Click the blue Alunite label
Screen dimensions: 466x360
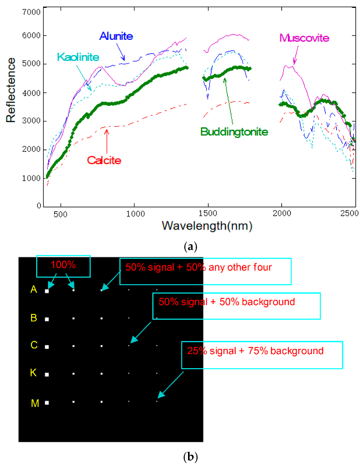tap(116, 36)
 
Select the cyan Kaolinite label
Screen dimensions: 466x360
tap(78, 57)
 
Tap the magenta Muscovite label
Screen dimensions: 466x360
tap(304, 38)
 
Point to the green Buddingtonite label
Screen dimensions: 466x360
tap(234, 132)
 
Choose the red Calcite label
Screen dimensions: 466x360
tap(104, 160)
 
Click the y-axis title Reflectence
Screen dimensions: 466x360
tap(11, 90)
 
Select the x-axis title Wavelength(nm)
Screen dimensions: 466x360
tap(207, 226)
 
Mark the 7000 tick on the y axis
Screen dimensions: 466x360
tap(31, 12)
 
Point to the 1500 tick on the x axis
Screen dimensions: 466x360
tap(208, 214)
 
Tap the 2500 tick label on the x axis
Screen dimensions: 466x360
tap(349, 214)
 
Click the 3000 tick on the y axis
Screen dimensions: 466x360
tap(31, 121)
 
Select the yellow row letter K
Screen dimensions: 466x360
tap(33, 373)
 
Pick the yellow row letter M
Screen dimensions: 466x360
tap(35, 403)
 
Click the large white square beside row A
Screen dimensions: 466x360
tap(47, 291)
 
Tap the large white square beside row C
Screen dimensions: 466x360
tap(47, 347)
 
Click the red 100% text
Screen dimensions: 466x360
tap(63, 265)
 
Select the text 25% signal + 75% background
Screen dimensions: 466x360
tap(255, 351)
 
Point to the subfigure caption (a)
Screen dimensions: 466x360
tap(191, 247)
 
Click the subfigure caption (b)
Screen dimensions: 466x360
tap(191, 456)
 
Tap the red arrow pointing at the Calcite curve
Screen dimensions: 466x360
tap(107, 141)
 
